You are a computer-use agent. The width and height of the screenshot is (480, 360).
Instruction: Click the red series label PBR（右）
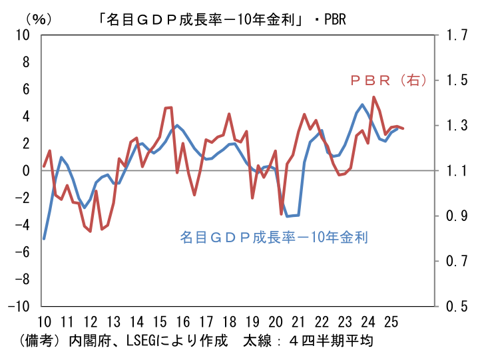(388, 80)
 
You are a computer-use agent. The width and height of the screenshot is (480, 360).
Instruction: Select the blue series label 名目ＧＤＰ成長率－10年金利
(274, 236)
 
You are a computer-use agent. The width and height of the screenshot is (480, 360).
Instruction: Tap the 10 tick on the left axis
(23, 35)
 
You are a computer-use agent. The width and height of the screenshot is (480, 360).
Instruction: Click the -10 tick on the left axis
(19, 306)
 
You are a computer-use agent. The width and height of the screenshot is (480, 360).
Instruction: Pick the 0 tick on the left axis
(27, 170)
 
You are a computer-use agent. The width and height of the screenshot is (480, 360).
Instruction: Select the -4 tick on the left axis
(23, 225)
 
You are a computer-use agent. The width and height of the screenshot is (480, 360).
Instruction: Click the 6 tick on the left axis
(27, 89)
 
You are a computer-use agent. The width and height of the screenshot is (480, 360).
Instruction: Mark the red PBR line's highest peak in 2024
(374, 97)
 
